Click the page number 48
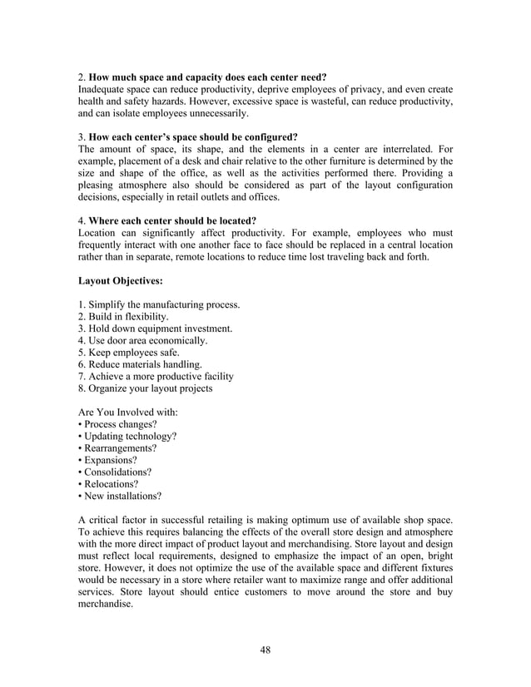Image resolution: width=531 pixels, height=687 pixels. (265, 650)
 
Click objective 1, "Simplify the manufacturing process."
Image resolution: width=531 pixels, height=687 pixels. (159, 305)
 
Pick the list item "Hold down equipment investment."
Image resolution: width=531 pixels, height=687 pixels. (155, 329)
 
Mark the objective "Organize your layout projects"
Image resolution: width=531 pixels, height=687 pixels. (146, 388)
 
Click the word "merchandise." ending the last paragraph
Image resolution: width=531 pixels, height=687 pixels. (105, 604)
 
